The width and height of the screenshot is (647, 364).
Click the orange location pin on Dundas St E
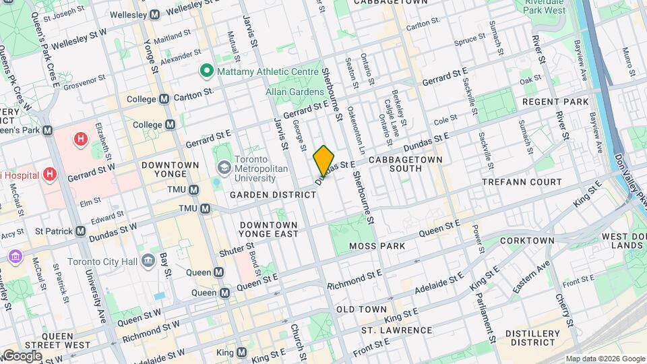pos(323,161)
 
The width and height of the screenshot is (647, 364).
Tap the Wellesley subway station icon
pos(155,14)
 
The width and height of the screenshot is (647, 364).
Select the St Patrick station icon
pos(81,231)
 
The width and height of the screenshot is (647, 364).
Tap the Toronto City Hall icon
pos(147,259)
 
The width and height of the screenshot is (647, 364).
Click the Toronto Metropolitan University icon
pos(223,166)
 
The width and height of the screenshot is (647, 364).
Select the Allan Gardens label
pos(290,90)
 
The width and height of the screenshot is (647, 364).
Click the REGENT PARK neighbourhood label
pos(556,102)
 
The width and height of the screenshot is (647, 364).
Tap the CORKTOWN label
pos(527,241)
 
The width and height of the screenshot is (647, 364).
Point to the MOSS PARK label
pos(377,247)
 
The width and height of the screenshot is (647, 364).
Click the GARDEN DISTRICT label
pos(273,195)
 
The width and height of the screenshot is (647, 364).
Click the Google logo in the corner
pos(22,355)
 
